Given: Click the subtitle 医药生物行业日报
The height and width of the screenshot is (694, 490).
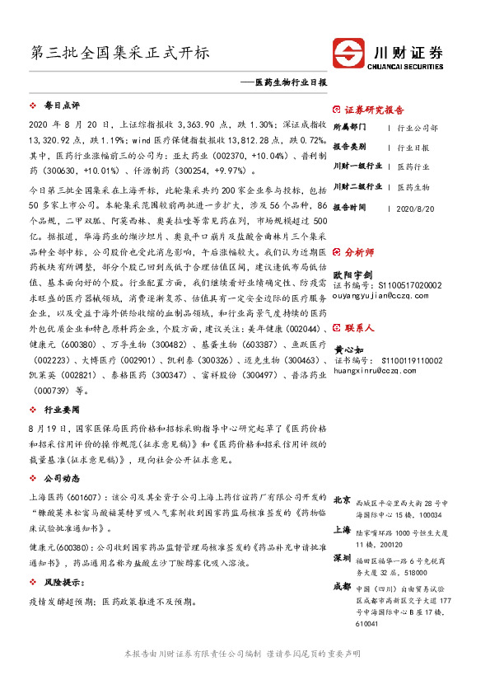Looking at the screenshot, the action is (x=291, y=83).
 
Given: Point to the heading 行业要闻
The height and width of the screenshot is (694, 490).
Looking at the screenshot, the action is (x=62, y=409).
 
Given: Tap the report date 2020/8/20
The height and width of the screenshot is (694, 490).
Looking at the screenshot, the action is (x=414, y=209).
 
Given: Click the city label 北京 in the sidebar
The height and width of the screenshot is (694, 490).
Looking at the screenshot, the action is (x=342, y=499).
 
